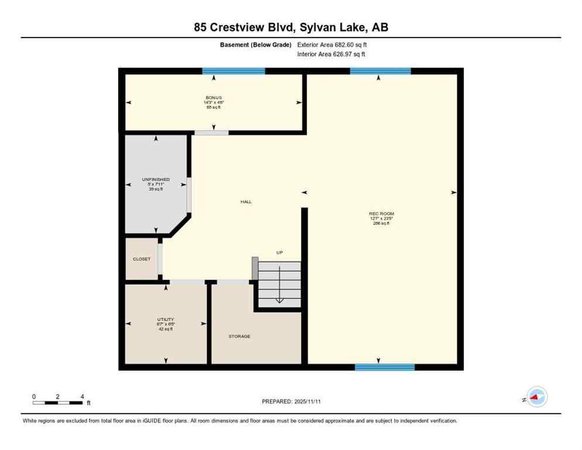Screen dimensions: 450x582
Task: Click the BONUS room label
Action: point(213,98)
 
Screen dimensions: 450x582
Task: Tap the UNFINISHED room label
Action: point(156,179)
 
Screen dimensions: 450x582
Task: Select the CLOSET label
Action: point(141,258)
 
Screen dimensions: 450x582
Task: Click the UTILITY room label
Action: point(166,319)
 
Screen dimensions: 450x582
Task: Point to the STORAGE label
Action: point(239,336)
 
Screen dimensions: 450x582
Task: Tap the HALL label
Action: point(246,202)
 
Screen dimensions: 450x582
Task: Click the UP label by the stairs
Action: point(280,253)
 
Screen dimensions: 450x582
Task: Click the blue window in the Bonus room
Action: point(234,71)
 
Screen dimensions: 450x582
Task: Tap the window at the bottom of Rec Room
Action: point(385,367)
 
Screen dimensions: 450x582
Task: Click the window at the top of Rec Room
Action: point(380,71)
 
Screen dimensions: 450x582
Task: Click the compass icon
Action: point(536,397)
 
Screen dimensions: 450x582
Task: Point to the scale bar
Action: point(57,403)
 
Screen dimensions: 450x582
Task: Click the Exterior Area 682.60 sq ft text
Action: point(333,45)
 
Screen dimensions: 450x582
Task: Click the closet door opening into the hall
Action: point(160,259)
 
